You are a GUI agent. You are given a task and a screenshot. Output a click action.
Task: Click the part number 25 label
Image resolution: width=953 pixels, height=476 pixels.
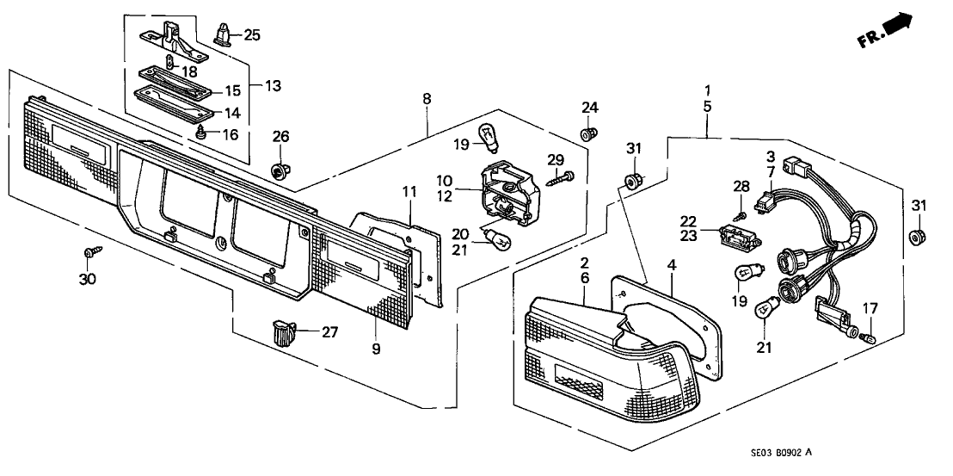click(x=251, y=34)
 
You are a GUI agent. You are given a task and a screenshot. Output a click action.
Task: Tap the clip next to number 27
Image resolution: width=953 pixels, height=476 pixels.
click(x=282, y=331)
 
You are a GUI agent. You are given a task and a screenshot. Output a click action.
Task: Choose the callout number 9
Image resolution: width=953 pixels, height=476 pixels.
click(x=375, y=349)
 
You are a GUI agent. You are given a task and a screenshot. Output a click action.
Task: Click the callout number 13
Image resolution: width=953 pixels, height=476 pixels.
click(x=273, y=86)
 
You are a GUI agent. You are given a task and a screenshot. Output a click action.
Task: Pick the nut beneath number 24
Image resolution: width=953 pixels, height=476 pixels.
click(x=588, y=134)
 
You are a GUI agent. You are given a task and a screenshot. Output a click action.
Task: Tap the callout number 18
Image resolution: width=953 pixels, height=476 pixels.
click(x=188, y=72)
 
